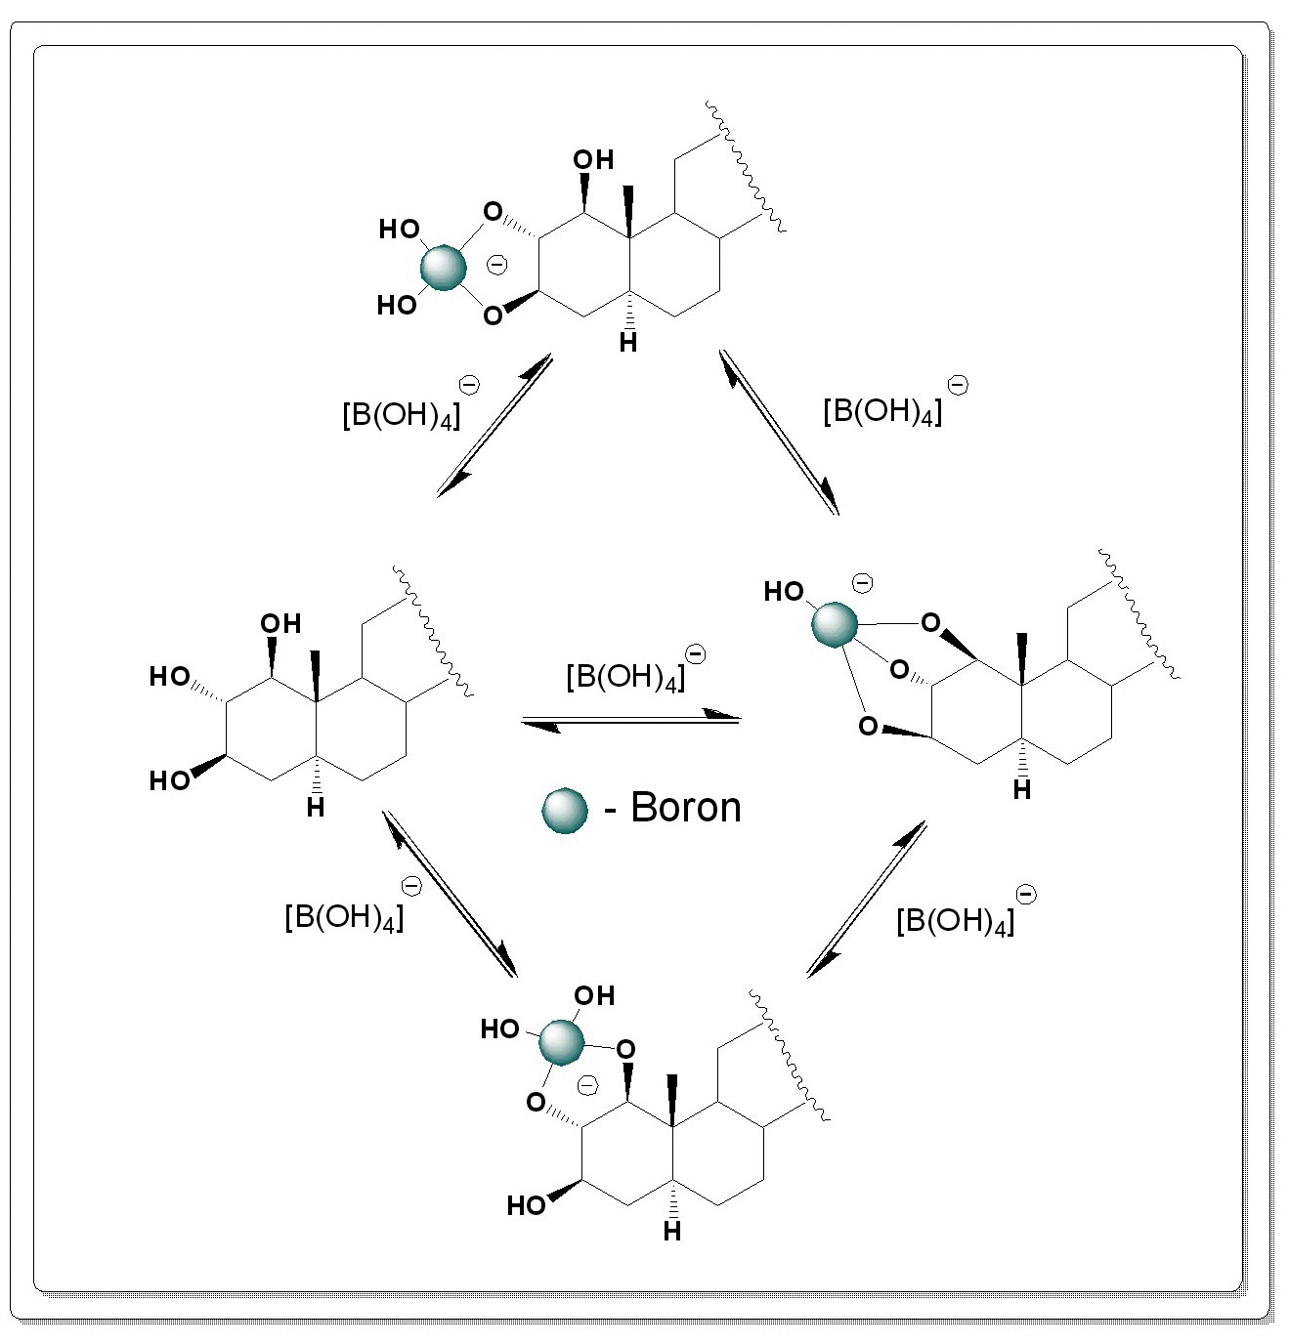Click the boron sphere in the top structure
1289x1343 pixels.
pos(443,268)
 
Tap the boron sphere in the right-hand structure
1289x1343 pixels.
pos(835,624)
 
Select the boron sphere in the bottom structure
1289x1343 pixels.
pos(562,1041)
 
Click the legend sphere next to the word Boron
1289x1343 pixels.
pos(565,810)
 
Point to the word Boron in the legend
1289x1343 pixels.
pos(686,808)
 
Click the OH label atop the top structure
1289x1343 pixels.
pos(593,160)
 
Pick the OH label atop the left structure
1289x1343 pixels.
pos(280,623)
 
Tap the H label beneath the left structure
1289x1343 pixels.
pos(315,808)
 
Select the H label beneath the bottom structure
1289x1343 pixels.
pos(672,1232)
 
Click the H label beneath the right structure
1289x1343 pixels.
pos(1022,790)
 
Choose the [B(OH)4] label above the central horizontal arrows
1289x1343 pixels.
pos(625,675)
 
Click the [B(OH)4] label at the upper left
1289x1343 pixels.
pos(402,414)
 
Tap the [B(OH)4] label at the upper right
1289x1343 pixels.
pos(883,410)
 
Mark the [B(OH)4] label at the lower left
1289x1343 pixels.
pos(344,916)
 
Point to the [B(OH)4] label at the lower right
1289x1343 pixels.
pos(956,920)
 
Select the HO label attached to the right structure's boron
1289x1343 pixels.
pos(784,592)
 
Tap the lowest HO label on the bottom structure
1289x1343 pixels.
pos(526,1205)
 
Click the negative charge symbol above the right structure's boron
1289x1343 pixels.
pos(862,583)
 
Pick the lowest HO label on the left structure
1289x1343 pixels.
pos(169,780)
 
